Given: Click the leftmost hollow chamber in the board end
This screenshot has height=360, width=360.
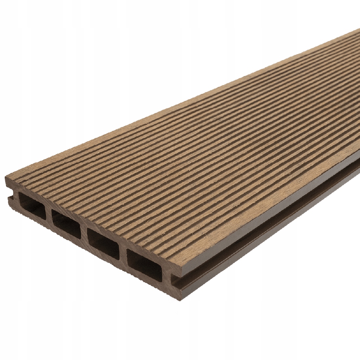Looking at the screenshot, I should pos(32,205).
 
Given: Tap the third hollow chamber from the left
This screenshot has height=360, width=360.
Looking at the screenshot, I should pos(103,244).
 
